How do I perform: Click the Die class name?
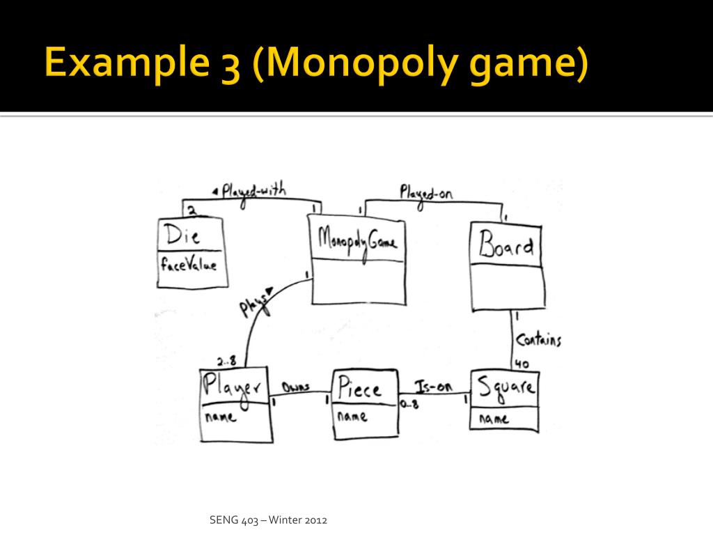point(182,235)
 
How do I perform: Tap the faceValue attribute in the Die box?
point(189,264)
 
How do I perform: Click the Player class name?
point(232,388)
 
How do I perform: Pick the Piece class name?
point(359,387)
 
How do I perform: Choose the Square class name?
point(506,388)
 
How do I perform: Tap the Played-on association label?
point(426,195)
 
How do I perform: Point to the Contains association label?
point(538,340)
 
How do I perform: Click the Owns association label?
point(296,387)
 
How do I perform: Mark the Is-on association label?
point(433,387)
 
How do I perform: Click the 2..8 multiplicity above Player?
point(226,362)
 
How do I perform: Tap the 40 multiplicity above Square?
point(522,364)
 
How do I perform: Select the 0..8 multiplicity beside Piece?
point(409,404)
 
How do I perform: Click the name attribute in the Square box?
point(494,419)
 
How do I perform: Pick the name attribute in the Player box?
point(221,417)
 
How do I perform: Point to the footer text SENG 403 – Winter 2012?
point(268,520)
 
